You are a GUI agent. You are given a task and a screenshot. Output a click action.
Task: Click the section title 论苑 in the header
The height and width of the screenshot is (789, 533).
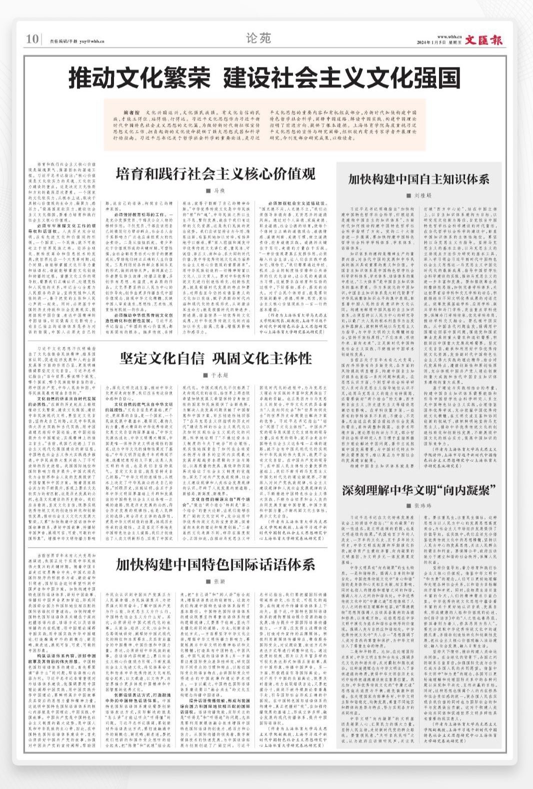[x=259, y=38]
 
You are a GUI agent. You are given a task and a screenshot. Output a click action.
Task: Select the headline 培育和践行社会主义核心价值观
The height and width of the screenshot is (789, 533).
[x=215, y=173]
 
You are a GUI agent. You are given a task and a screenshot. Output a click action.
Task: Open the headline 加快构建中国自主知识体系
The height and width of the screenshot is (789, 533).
[x=418, y=179]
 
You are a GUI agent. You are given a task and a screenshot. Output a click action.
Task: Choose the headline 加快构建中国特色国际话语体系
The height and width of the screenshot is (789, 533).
[x=215, y=565]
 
